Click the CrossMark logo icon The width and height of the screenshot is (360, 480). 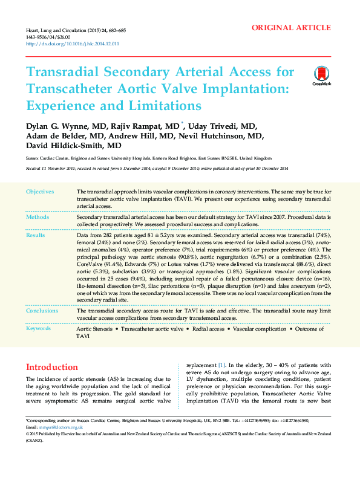pyautogui.click(x=321, y=75)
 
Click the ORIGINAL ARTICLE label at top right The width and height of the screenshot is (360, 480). pyautogui.click(x=291, y=28)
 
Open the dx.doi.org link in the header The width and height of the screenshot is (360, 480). pyautogui.click(x=72, y=44)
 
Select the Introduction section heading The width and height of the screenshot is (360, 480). pyautogui.click(x=52, y=367)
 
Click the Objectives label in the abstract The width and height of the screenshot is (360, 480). pyautogui.click(x=40, y=192)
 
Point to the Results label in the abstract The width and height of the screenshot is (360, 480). pyautogui.click(x=36, y=235)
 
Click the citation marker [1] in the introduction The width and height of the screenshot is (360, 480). pyautogui.click(x=222, y=366)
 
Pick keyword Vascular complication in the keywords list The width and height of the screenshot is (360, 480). pyautogui.click(x=260, y=329)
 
